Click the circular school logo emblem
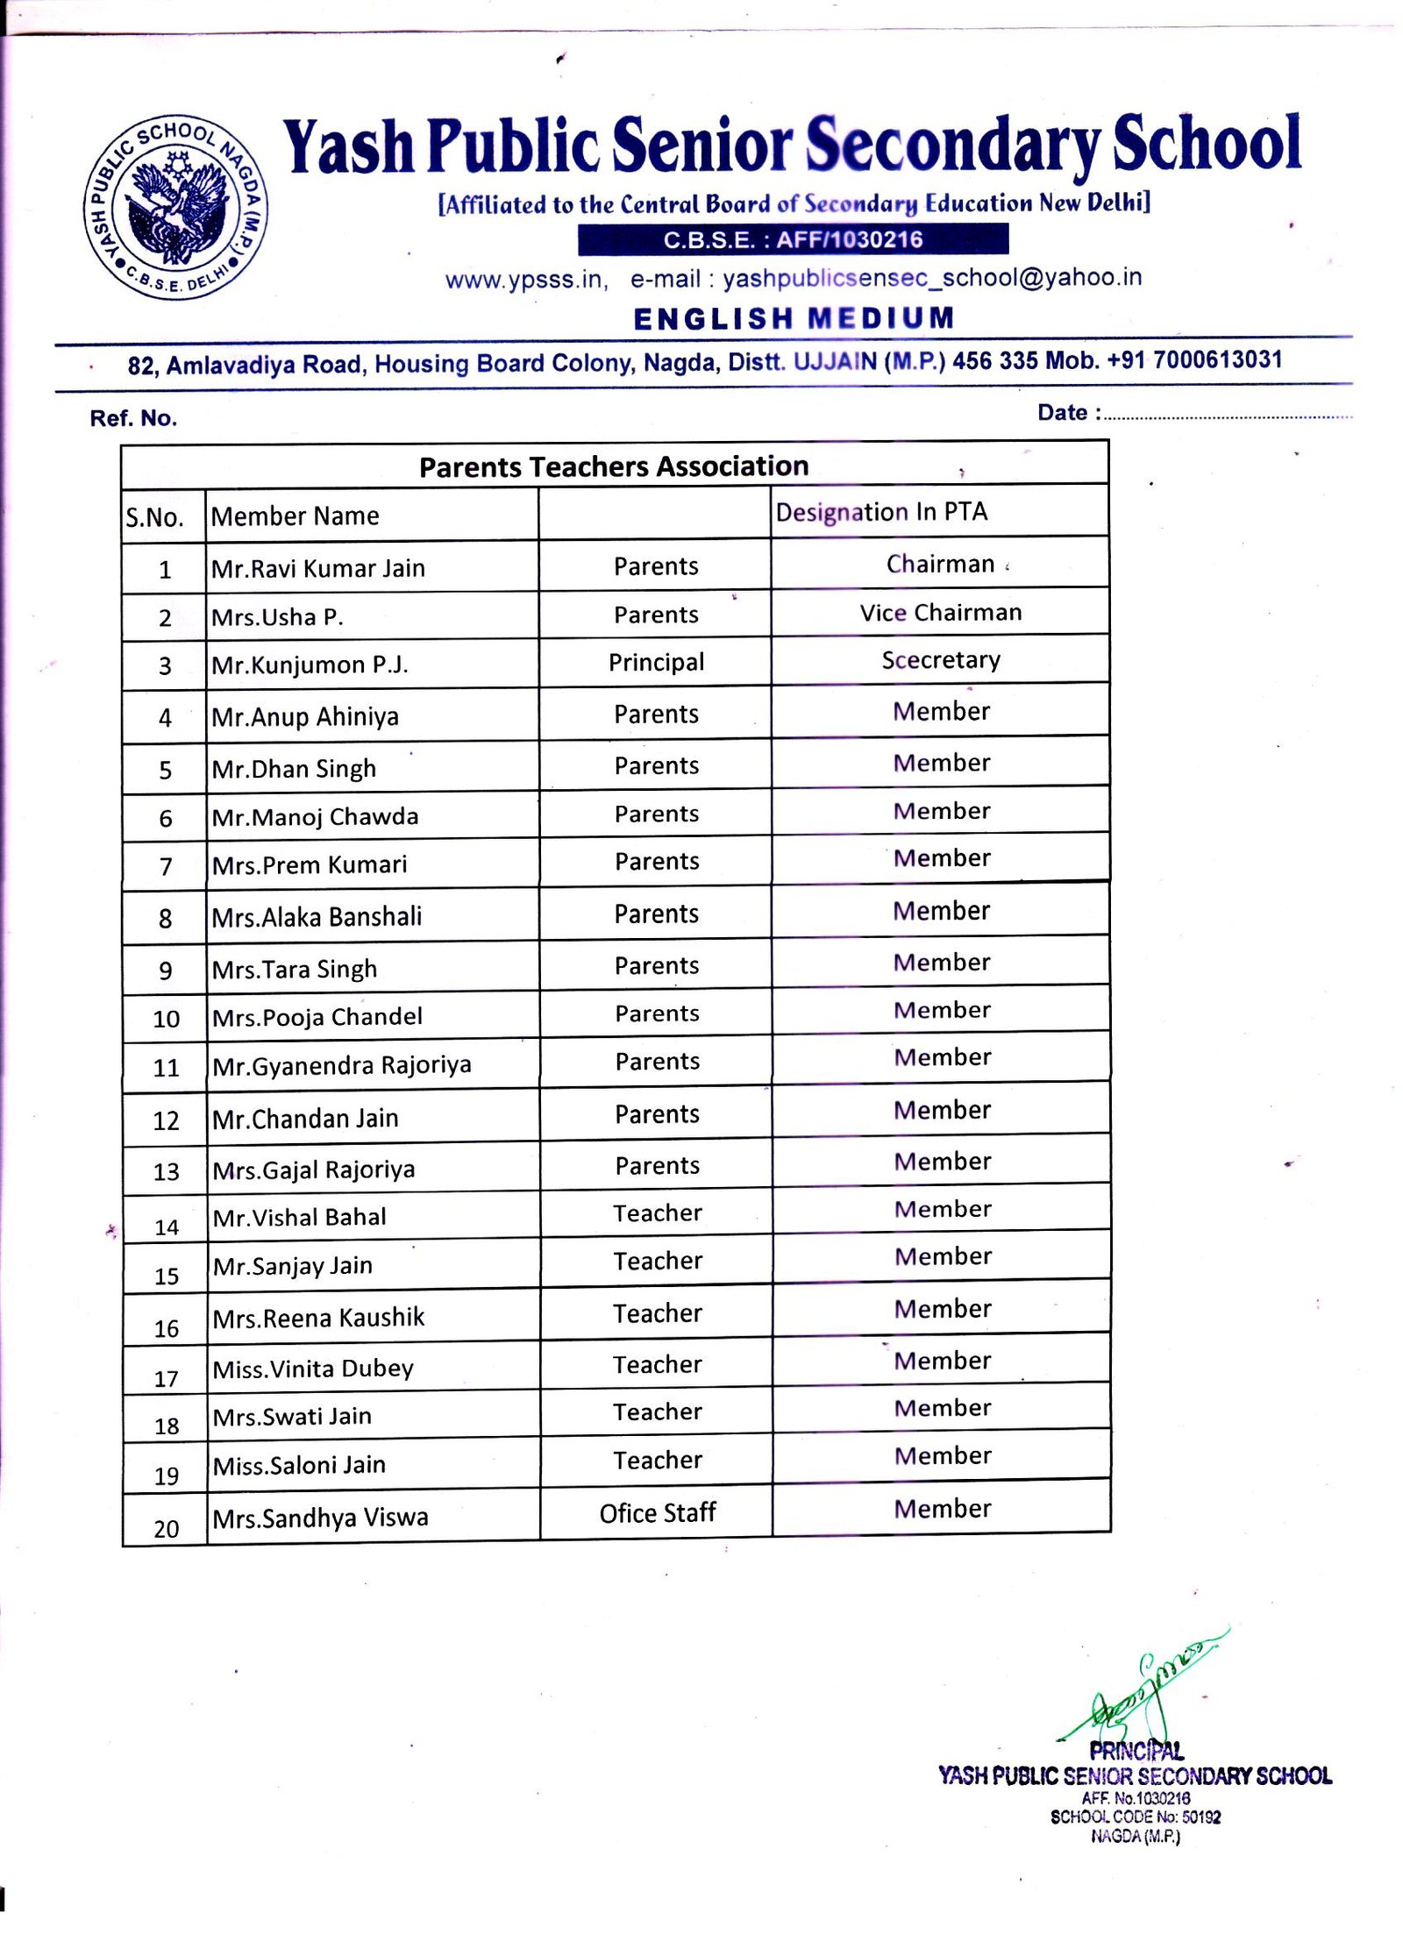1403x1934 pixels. (x=175, y=208)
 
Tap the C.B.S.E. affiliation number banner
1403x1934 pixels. (x=793, y=239)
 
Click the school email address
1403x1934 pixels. (x=932, y=278)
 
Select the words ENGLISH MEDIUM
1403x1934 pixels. (x=794, y=318)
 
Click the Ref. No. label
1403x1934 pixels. (x=133, y=418)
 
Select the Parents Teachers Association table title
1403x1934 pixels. (x=614, y=466)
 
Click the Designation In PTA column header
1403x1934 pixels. (x=881, y=512)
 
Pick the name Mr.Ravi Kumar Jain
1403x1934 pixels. (x=318, y=568)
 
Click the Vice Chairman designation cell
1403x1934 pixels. (x=941, y=613)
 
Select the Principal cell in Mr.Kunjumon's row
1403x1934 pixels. (x=656, y=662)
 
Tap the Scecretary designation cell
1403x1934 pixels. (x=941, y=660)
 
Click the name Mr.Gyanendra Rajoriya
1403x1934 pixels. (x=342, y=1065)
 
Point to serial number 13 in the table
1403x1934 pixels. (x=166, y=1172)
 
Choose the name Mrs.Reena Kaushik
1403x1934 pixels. (x=318, y=1318)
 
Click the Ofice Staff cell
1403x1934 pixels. (x=658, y=1513)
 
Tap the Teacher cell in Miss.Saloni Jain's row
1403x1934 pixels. (x=658, y=1460)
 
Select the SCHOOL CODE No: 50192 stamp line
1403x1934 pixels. (x=1135, y=1817)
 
